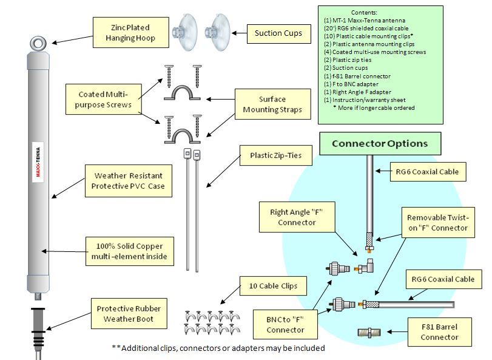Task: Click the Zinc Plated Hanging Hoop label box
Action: (130, 32)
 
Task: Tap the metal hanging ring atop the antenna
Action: (37, 43)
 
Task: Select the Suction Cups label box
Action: (278, 33)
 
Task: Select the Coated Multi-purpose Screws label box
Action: (104, 100)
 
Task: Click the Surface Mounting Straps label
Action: (272, 104)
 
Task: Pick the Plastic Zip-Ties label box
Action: (277, 155)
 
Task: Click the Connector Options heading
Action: (380, 144)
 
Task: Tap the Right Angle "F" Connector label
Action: (297, 217)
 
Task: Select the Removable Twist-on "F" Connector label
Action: (437, 222)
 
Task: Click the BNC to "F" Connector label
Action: (285, 325)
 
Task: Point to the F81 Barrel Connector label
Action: (439, 331)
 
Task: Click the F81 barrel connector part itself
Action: (368, 332)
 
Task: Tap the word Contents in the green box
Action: (364, 12)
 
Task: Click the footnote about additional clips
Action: (218, 348)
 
